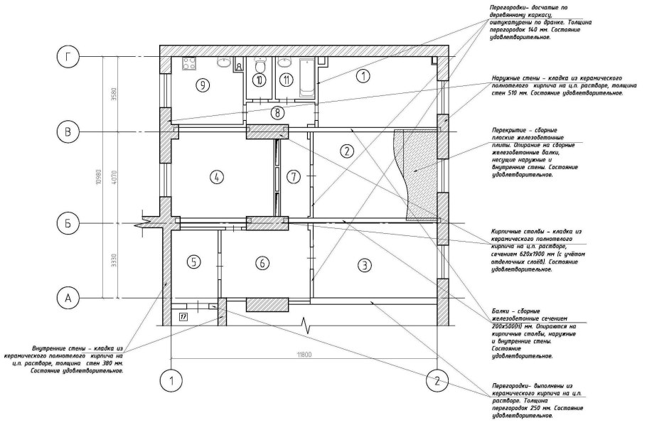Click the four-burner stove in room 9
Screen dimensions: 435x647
(x=190, y=65)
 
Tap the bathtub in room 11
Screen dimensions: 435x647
(x=306, y=77)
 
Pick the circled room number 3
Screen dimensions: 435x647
(x=363, y=266)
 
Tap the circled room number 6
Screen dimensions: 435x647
(x=262, y=263)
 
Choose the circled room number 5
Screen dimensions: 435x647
(x=195, y=262)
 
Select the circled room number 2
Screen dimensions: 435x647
(x=346, y=151)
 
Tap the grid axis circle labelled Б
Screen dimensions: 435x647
(x=68, y=222)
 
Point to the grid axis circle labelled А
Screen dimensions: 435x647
(x=68, y=299)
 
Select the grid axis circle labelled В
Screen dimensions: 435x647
(x=68, y=132)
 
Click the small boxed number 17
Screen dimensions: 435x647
(x=183, y=316)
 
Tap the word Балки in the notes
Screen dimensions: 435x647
(x=502, y=311)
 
